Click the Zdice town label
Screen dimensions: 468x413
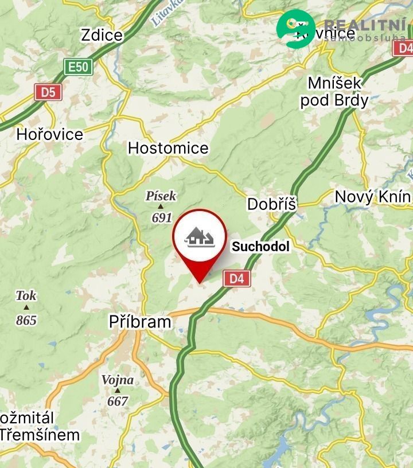(102, 35)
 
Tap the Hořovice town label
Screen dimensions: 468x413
(49, 134)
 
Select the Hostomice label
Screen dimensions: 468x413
(167, 148)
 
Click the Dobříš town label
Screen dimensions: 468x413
(271, 204)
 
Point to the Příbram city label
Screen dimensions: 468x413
(140, 322)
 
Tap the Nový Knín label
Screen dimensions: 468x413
(372, 197)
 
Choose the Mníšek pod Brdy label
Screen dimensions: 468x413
(334, 92)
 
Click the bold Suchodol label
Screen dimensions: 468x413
(260, 247)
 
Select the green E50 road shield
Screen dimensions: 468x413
(78, 67)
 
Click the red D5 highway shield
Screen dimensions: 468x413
(48, 92)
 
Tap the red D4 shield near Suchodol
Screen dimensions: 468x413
(237, 279)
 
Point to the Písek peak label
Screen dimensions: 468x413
(161, 196)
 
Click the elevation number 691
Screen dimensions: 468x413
(162, 217)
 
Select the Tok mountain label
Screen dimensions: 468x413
(26, 295)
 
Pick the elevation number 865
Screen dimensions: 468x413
(26, 320)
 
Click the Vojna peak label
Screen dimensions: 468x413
(117, 380)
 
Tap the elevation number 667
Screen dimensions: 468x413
(118, 401)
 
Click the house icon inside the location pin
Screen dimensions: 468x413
(199, 236)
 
